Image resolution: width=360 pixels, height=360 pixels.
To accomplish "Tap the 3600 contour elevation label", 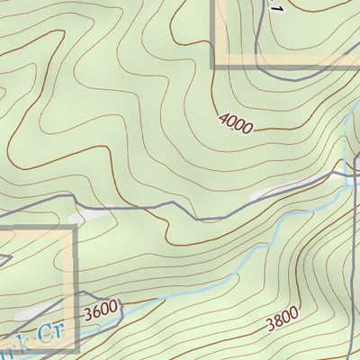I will (100, 311).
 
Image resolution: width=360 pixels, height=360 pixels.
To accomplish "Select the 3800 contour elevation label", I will (282, 321).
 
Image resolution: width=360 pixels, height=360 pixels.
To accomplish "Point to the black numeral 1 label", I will (277, 6).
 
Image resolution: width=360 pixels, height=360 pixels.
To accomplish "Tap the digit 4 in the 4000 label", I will (221, 115).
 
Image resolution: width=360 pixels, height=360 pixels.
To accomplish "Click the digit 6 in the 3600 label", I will (94, 312).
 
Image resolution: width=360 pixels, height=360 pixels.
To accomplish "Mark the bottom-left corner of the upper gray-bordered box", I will (214, 65).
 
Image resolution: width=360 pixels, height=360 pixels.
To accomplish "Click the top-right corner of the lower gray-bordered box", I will (75, 227).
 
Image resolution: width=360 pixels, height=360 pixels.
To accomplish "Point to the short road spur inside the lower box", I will (5, 259).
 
